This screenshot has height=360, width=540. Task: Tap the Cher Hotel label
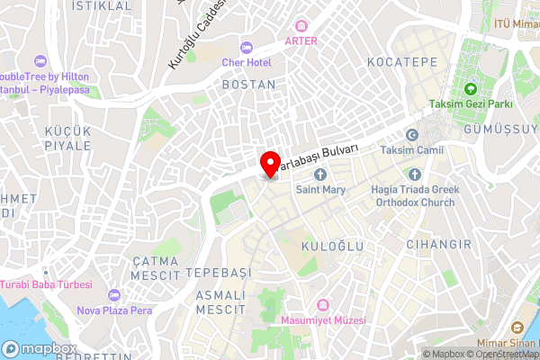point(247,61)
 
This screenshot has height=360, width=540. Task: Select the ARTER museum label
point(301,40)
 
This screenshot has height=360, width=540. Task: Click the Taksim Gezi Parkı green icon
point(470,88)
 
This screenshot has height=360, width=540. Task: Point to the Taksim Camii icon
point(411,134)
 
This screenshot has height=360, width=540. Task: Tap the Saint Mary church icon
point(319,174)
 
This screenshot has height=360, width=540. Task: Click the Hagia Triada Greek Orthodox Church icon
point(415,174)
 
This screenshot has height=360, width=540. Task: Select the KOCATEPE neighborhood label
point(402,62)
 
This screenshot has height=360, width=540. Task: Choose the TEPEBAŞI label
point(216,272)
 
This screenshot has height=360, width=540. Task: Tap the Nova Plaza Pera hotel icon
point(113,295)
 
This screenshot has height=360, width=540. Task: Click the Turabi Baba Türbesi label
point(47,284)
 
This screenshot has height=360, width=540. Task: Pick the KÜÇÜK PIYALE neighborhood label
point(67,139)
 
